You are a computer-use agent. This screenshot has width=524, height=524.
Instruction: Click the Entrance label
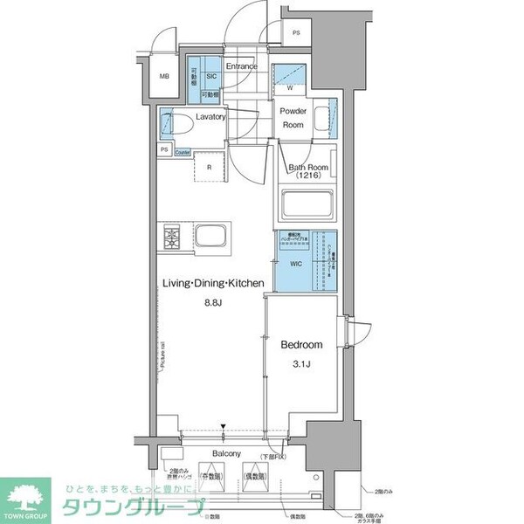coord(241,66)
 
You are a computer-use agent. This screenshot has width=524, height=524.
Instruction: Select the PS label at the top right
coord(297,34)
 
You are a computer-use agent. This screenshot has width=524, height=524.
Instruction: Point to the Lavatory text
coord(211,116)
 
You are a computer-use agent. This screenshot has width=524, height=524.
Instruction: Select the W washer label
coord(289,88)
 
